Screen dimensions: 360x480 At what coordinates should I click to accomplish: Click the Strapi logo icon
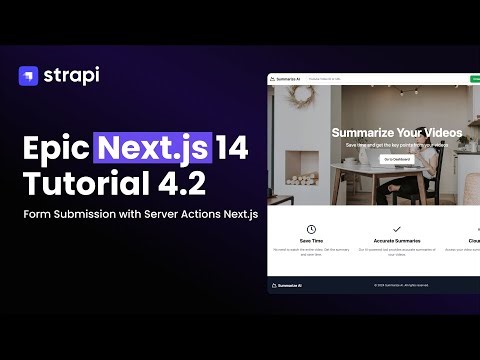pyautogui.click(x=28, y=75)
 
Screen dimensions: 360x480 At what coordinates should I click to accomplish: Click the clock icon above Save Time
pyautogui.click(x=311, y=229)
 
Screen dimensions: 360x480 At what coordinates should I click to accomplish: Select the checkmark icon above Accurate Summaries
pyautogui.click(x=396, y=229)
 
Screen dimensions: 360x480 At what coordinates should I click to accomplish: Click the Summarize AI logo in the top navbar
pyautogui.click(x=288, y=78)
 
